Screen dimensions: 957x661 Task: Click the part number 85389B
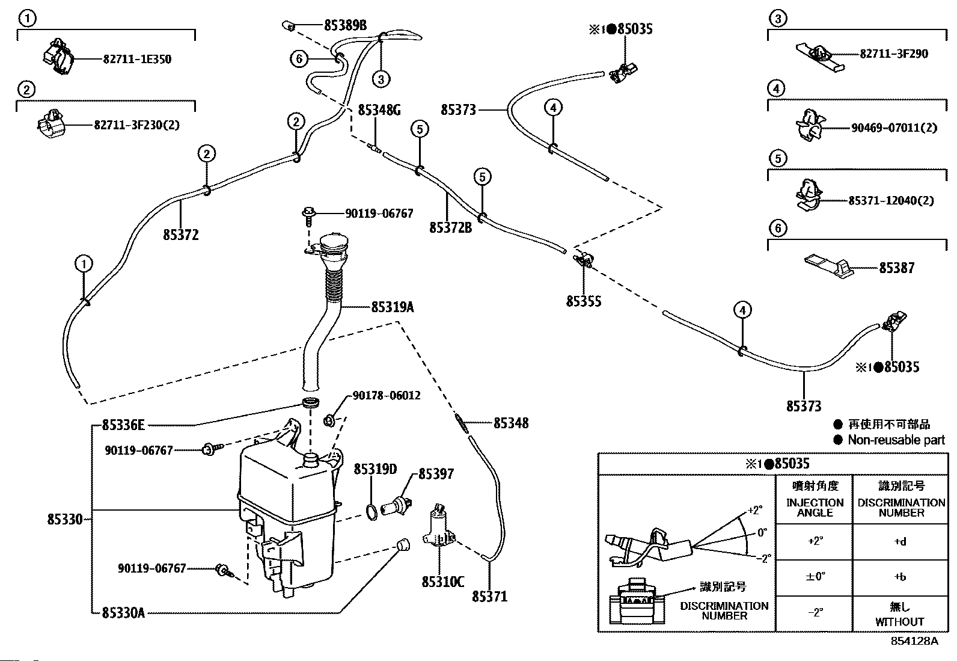(x=345, y=25)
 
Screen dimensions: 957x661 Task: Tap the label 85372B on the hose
(x=451, y=227)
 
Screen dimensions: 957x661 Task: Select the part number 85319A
(x=392, y=307)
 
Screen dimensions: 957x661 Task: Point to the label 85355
(x=584, y=301)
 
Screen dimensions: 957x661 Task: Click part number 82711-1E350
(x=137, y=59)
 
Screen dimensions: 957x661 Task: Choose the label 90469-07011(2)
(x=894, y=128)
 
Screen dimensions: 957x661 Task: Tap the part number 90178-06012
(x=386, y=396)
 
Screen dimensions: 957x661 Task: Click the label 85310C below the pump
(x=443, y=582)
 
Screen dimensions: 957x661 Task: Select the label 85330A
(x=123, y=613)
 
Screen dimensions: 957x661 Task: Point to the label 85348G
(x=379, y=110)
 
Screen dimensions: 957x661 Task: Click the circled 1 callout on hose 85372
(x=84, y=264)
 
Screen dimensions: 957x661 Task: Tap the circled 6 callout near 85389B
(x=299, y=58)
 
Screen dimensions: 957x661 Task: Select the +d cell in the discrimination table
(x=900, y=542)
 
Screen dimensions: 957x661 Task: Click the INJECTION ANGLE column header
(x=815, y=508)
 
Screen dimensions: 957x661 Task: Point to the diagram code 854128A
(x=914, y=641)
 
